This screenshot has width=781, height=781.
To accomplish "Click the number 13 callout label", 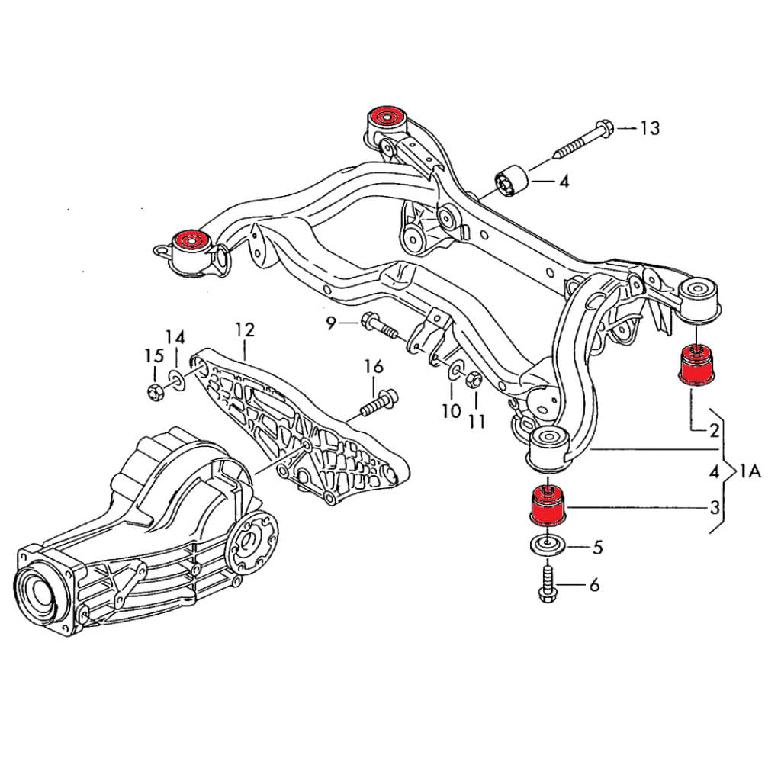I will [649, 128].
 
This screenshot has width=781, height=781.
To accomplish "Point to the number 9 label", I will [331, 324].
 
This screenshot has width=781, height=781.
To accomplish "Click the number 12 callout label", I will [244, 330].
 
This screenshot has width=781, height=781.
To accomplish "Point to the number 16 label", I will [373, 367].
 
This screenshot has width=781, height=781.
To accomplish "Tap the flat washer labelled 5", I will [547, 545].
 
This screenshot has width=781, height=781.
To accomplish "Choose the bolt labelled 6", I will [548, 584].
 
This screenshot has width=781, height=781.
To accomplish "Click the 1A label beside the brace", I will [750, 471].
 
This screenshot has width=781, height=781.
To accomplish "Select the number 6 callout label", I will [594, 585].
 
